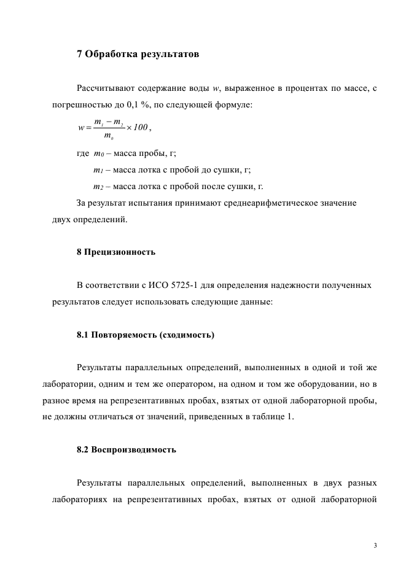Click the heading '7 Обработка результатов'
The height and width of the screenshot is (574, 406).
tap(138, 53)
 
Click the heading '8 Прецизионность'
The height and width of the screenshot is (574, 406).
tap(116, 252)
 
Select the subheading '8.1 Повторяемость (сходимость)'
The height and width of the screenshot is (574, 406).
tap(146, 335)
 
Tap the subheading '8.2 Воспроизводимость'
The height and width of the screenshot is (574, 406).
tap(127, 449)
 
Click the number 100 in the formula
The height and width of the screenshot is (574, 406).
tap(140, 127)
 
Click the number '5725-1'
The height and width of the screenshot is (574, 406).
tap(189, 285)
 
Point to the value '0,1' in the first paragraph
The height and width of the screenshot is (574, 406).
tap(123, 105)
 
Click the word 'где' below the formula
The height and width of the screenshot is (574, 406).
tap(83, 153)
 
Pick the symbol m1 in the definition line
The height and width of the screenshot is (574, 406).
tap(98, 170)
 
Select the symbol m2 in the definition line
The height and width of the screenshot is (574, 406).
tap(98, 187)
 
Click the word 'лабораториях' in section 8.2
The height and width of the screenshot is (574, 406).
tap(79, 499)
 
